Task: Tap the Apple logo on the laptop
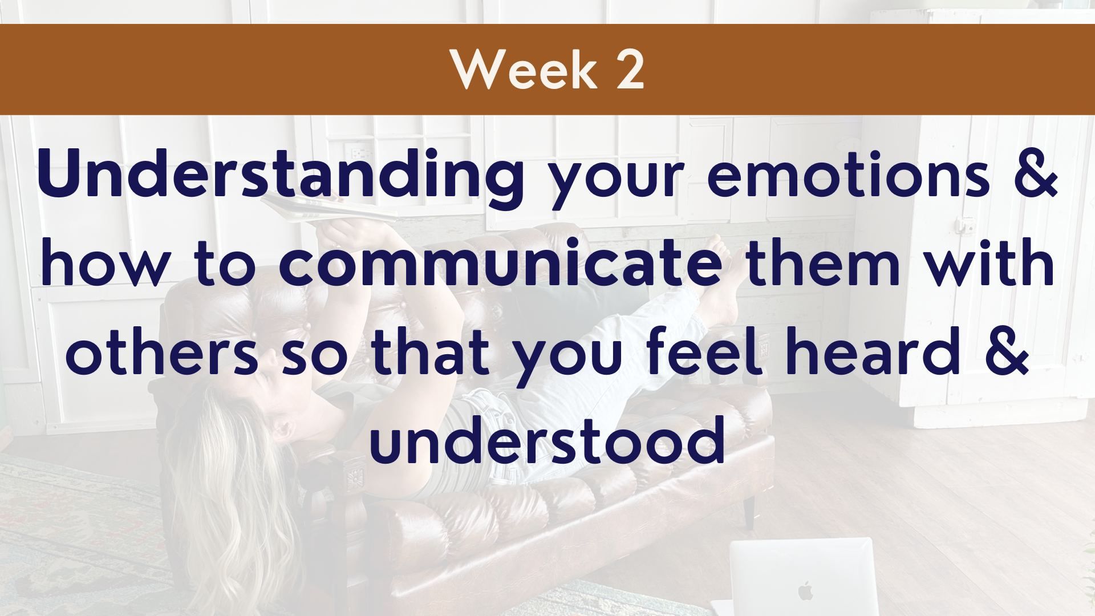coord(805,590)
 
